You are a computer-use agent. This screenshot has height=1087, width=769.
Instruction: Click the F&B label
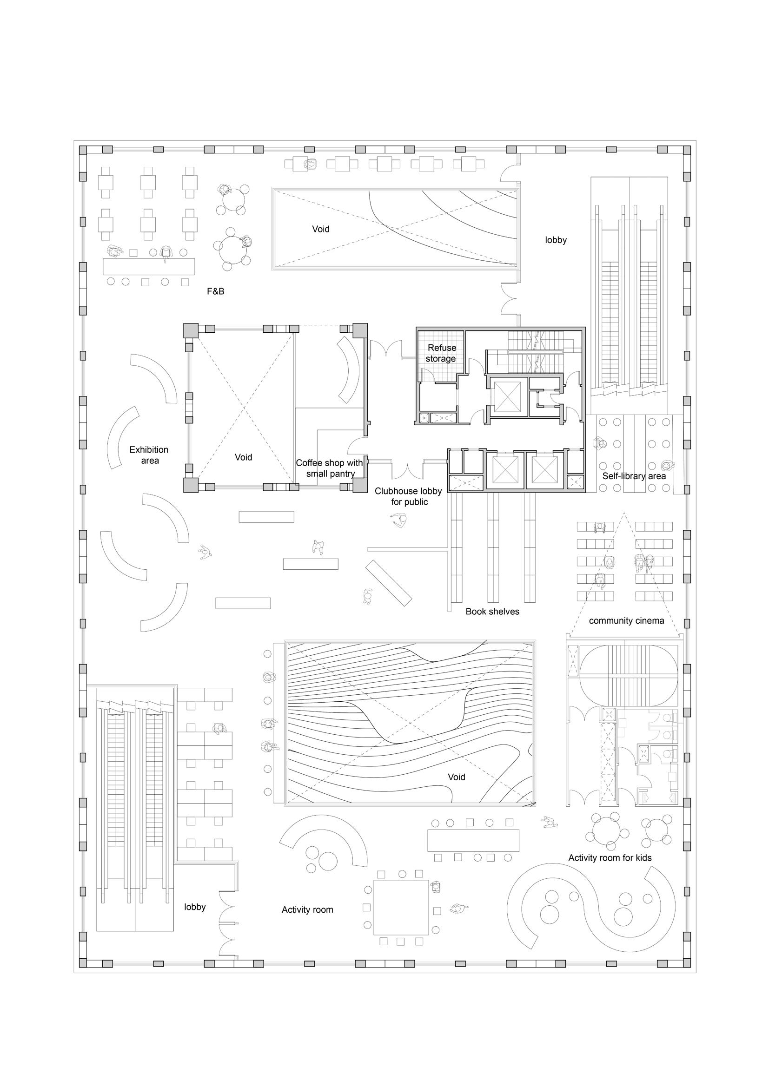(215, 292)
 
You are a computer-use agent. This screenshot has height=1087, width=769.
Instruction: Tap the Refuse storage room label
(441, 353)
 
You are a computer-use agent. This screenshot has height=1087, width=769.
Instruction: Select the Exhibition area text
(149, 455)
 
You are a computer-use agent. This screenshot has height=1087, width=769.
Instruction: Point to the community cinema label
(626, 621)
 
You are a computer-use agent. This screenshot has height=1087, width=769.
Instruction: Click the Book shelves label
(492, 612)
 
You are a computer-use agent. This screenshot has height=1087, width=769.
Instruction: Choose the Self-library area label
(634, 476)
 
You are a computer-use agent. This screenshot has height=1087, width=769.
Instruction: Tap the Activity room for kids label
(610, 858)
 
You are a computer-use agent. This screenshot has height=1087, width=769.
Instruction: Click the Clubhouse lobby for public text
(408, 497)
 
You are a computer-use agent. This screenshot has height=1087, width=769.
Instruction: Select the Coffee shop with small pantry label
(330, 468)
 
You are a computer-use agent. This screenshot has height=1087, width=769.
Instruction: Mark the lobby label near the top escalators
(556, 240)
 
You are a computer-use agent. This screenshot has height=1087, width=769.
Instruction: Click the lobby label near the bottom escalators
(195, 907)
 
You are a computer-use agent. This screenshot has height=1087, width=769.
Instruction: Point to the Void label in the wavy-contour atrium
(457, 777)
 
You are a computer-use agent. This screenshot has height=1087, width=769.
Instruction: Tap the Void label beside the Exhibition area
(243, 457)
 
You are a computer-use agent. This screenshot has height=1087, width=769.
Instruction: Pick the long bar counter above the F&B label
(149, 266)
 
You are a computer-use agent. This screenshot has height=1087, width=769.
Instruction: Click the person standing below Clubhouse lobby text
(400, 521)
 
